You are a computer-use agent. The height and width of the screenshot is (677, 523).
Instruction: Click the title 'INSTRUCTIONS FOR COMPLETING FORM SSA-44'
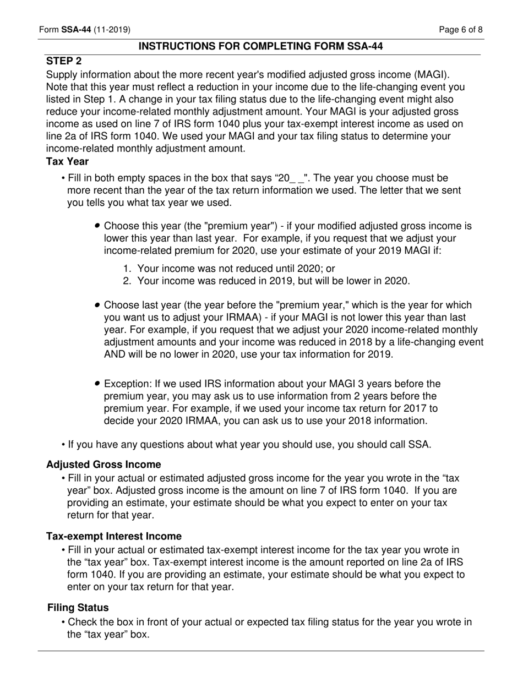(x=260, y=46)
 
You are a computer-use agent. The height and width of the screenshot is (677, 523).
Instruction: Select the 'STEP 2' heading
(x=64, y=61)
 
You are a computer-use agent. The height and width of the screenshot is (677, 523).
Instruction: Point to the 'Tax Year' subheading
(x=67, y=161)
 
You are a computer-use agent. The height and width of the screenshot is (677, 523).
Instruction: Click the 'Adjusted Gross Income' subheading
(x=103, y=465)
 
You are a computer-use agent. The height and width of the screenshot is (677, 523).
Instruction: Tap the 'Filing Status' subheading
(x=78, y=608)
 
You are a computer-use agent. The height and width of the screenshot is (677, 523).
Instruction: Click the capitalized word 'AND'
(x=115, y=354)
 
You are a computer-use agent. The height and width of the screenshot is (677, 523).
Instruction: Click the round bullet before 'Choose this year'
(x=97, y=226)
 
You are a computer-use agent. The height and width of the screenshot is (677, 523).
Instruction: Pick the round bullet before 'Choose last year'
(x=97, y=305)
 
